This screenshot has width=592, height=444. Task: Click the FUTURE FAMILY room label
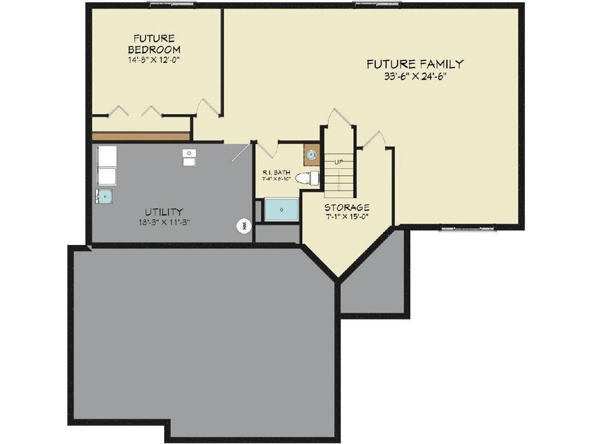point(415,64)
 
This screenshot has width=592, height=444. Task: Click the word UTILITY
point(164,212)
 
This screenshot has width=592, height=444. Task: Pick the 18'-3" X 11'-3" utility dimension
point(164,222)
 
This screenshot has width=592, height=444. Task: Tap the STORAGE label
point(346,208)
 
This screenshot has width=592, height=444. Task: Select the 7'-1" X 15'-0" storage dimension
point(346,217)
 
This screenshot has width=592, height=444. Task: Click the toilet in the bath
point(306,178)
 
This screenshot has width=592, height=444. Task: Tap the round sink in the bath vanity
point(312,154)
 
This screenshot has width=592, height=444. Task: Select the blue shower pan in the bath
point(282,209)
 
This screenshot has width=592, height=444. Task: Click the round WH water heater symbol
point(244,225)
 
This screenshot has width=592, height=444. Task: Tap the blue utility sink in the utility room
point(104,197)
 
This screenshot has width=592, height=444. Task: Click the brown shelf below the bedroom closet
point(141,136)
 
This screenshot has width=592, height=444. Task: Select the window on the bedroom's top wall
point(172,5)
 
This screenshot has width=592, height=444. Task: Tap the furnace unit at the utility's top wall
point(190,157)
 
